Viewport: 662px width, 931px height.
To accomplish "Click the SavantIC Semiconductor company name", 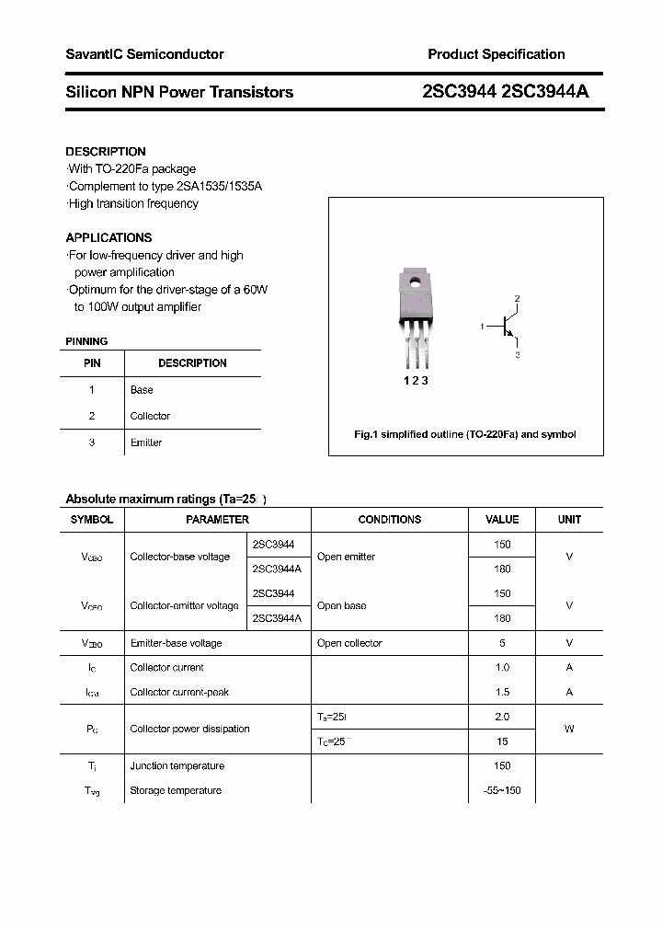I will point(144,54).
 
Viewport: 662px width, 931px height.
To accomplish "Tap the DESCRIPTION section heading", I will point(106,152).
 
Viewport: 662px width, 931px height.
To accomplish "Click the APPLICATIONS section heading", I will point(108,237).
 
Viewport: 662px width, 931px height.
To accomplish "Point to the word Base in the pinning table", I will point(142,390).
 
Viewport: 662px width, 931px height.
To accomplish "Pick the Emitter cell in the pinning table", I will point(146,443).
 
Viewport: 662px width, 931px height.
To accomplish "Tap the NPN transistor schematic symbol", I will point(504,327).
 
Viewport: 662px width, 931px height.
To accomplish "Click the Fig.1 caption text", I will point(465,434).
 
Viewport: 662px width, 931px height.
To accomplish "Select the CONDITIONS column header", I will point(390,520).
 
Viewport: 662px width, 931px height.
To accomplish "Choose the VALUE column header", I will point(502,520).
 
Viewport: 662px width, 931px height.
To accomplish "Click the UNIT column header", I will point(569,520).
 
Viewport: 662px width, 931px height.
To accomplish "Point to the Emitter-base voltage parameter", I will point(176,643).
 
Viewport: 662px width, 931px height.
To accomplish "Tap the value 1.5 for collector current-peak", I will point(502,692).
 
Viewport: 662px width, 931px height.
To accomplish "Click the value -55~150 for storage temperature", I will point(502,790).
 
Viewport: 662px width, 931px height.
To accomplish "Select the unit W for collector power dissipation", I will point(569,729).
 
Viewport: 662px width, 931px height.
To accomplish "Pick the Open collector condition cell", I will point(349,643).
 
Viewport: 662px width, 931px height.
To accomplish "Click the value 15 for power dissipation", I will point(502,741).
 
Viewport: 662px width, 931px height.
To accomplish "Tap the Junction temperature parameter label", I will point(177,765).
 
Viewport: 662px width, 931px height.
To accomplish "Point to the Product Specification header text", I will point(496,54).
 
